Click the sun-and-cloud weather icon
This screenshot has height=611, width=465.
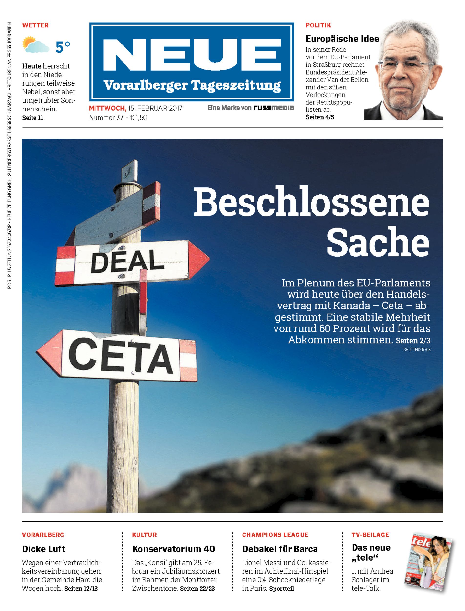point(35,45)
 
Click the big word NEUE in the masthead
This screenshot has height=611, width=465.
point(191,55)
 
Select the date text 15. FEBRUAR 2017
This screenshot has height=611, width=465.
point(155,108)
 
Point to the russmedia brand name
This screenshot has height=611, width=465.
point(274,108)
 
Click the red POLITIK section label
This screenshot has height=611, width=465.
point(318,25)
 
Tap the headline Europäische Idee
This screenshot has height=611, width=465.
point(342,39)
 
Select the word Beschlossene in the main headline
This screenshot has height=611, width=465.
point(311,202)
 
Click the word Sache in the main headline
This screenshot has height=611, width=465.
point(378,241)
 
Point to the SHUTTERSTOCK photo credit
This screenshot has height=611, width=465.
point(417,350)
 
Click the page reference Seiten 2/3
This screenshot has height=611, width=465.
point(413,340)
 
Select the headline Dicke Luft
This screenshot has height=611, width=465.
point(44,549)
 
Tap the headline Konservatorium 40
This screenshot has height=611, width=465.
point(174,549)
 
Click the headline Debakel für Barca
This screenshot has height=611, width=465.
point(280,549)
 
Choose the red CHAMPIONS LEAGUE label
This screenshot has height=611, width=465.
point(275,535)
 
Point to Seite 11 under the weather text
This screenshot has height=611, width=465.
point(33,118)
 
